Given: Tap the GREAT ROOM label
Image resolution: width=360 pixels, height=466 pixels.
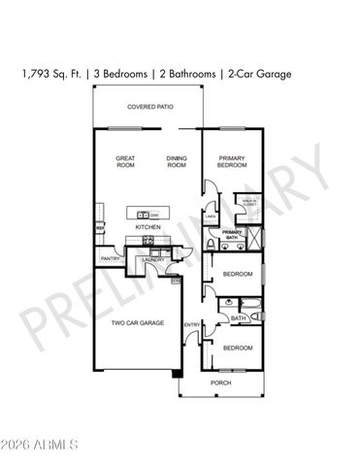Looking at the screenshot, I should click(x=125, y=161).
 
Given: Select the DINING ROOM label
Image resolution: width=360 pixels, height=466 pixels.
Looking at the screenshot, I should click(x=176, y=161).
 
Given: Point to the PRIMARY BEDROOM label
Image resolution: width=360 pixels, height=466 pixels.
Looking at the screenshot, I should click(x=232, y=161).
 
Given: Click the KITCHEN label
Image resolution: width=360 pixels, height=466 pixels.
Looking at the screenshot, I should click(x=147, y=228).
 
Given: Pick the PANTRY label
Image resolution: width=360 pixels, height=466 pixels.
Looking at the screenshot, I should click(x=109, y=259).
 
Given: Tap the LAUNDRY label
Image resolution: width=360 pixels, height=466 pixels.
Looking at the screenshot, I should click(x=152, y=259).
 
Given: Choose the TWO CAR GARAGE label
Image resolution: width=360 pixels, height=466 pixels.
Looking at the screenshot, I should click(x=137, y=322).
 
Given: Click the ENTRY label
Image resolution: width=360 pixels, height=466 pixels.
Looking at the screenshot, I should click(x=191, y=324).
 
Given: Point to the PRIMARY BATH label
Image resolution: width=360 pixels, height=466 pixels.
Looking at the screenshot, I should click(x=231, y=234).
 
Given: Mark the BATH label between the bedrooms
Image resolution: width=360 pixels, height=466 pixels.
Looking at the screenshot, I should click(x=238, y=317).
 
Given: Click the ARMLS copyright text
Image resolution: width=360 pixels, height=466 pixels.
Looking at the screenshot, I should click(x=41, y=446).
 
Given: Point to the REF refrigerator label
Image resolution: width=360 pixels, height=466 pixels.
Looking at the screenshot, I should click(x=99, y=228).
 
